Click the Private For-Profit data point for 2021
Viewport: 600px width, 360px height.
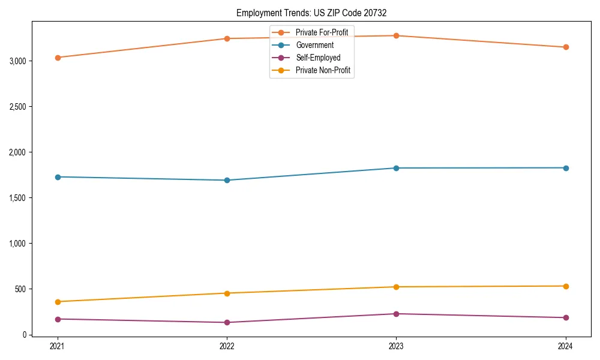pos(58,58)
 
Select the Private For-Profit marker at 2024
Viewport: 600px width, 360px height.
pos(566,47)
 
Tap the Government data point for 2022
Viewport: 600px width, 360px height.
pos(227,180)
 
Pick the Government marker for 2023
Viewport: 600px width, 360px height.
pos(396,168)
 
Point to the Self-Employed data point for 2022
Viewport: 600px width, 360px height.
pos(227,322)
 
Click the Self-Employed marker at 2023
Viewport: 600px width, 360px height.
pos(396,314)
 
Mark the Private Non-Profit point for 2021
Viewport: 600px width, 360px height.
pos(58,302)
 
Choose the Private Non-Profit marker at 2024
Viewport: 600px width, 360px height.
pos(566,286)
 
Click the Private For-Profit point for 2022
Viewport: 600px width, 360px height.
pos(227,38)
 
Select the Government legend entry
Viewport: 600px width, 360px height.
pos(314,45)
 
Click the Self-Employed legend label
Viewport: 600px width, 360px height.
pos(318,58)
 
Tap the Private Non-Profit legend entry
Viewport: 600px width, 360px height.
pos(323,70)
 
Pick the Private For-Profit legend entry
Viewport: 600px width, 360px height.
pos(322,32)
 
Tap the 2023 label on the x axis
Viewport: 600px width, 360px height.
pos(396,346)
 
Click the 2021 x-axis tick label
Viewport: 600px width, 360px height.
pos(58,346)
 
